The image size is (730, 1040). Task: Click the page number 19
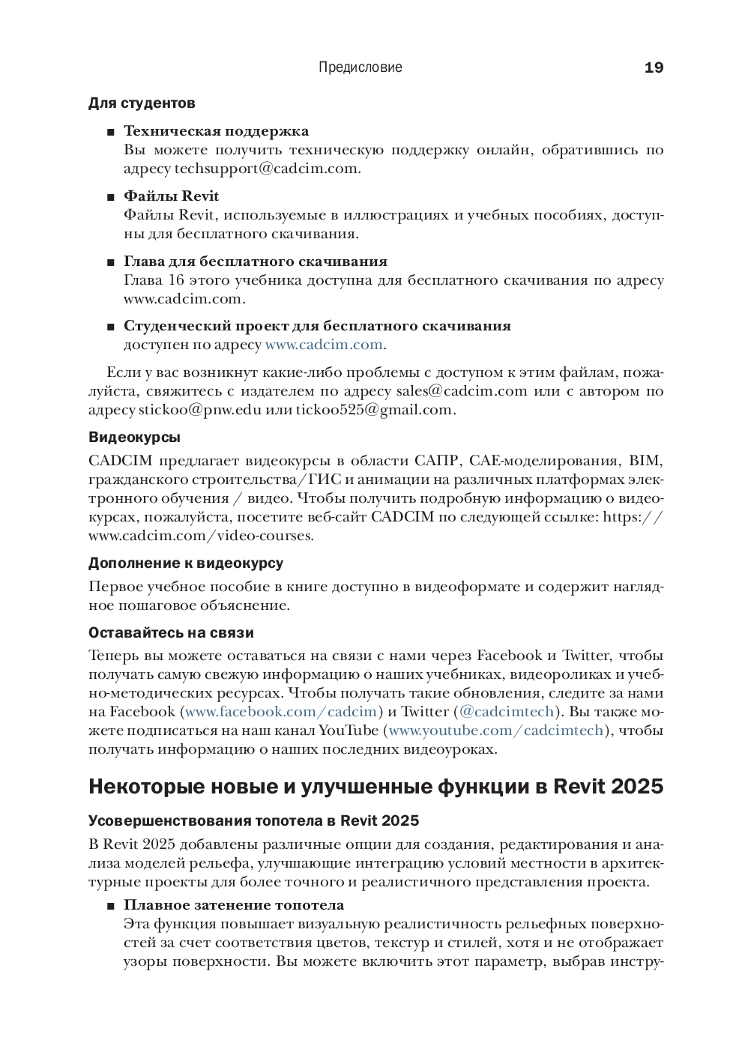pos(654,67)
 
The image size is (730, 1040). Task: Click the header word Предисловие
pos(360,67)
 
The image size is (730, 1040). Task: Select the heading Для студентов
pos(142,103)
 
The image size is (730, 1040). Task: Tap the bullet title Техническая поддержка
pos(216,131)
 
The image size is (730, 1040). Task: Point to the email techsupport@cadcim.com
pos(266,169)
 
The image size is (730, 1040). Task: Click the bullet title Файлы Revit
pos(171,196)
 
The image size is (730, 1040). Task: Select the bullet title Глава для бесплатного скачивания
pos(256,261)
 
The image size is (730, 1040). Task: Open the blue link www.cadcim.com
pos(324,345)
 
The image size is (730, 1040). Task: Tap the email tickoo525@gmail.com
pos(374,410)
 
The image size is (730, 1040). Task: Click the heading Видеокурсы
pos(134,438)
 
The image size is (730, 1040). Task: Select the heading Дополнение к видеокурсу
pos(186,563)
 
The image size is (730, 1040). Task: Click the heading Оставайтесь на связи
pos(171,633)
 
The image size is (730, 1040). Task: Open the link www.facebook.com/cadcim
pos(280,712)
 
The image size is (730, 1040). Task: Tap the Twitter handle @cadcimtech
pos(506,712)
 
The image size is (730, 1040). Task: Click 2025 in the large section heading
pos(636,787)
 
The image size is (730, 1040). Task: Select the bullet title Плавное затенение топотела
pos(234,905)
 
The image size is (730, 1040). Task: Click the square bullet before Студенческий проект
pos(111,327)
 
